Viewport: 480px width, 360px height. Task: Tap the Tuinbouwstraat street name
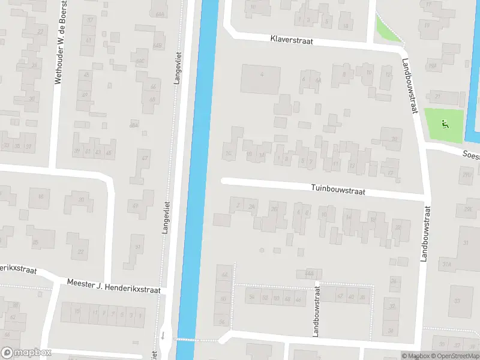click(338, 190)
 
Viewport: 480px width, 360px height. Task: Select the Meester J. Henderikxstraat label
click(113, 286)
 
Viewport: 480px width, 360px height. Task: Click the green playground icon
click(444, 124)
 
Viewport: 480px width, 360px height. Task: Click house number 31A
click(446, 264)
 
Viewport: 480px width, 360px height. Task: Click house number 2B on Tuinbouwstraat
click(274, 209)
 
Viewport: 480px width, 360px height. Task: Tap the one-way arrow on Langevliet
click(162, 334)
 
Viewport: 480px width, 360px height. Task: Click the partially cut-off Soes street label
click(470, 154)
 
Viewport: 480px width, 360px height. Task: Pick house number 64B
click(157, 46)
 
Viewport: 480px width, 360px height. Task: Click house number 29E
click(467, 208)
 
